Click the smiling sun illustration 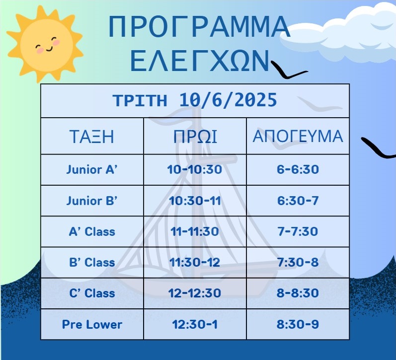coord(45,44)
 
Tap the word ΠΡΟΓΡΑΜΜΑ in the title coord(199,26)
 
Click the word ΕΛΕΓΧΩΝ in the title coord(200,61)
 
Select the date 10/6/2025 coord(228,100)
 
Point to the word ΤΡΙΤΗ coord(140,100)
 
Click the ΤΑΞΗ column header coord(92,137)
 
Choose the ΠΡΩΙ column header coord(195,137)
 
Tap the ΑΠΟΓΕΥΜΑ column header coord(298,137)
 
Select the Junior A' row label coord(92,169)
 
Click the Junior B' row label coord(92,201)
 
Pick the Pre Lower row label coord(92,324)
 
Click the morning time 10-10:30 coord(195,169)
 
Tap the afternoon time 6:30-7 coord(298,201)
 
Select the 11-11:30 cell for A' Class coord(195,231)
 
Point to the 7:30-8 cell coord(298,262)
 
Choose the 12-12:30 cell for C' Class coord(195,293)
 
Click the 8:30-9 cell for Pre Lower coord(298,324)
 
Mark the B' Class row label coord(92,262)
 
